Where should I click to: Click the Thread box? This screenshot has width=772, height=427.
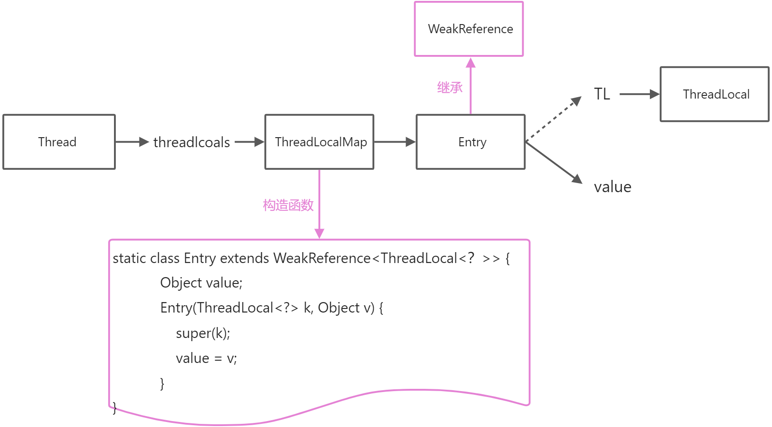coord(59,142)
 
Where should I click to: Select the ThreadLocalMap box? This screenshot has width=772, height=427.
coord(319,142)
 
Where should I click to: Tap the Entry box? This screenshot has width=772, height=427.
coord(470,142)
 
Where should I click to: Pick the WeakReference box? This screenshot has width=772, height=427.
coord(469,29)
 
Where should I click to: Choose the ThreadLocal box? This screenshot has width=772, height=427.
coord(714,94)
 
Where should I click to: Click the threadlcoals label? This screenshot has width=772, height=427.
coord(192,142)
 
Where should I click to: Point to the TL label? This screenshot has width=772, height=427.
coord(602,94)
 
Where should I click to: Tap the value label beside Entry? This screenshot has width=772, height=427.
coord(612,187)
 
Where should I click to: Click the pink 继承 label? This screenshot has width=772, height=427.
coord(450,87)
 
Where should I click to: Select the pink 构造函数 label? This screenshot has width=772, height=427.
coord(288,205)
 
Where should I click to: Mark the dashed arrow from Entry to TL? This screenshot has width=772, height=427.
coord(553,119)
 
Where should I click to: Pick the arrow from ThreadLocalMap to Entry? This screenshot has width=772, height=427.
coord(394,142)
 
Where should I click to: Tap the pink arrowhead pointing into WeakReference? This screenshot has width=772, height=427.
coord(470,63)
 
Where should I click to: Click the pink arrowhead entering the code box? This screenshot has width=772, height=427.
coord(319,233)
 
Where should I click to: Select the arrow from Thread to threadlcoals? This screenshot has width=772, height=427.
coord(132,142)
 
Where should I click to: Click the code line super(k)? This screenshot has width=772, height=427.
coord(203,333)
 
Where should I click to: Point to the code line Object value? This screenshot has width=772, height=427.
coord(201,283)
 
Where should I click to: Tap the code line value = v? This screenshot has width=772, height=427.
coord(206,358)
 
